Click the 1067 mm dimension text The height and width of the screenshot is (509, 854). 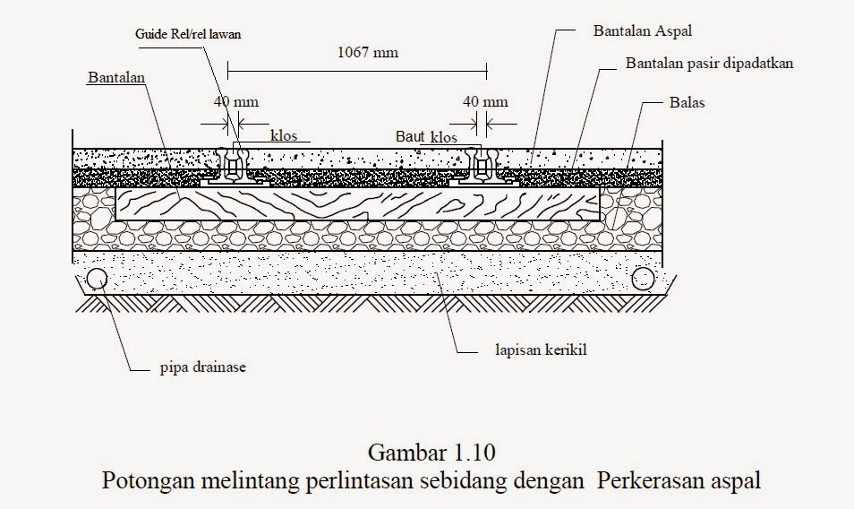[367, 52]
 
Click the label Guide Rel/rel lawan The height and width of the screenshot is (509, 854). [189, 33]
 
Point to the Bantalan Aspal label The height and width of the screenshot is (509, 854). [643, 30]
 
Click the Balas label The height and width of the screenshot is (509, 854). [687, 102]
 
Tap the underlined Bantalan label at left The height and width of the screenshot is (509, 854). [116, 77]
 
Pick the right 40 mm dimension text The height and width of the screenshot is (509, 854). [484, 102]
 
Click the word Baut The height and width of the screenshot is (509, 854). [411, 137]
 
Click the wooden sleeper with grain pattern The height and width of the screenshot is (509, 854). [358, 204]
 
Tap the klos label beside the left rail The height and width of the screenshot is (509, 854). [285, 135]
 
